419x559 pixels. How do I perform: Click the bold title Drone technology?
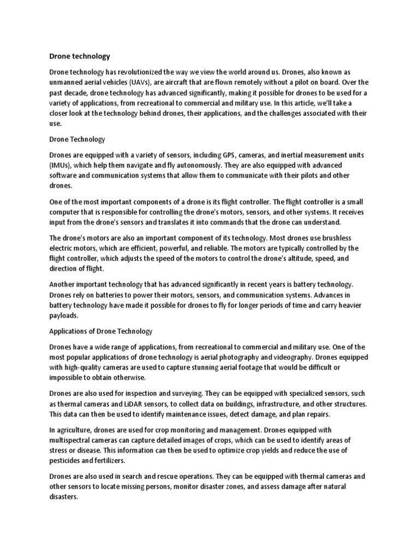pyautogui.click(x=80, y=56)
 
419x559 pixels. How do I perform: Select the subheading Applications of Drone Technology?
pyautogui.click(x=101, y=331)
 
